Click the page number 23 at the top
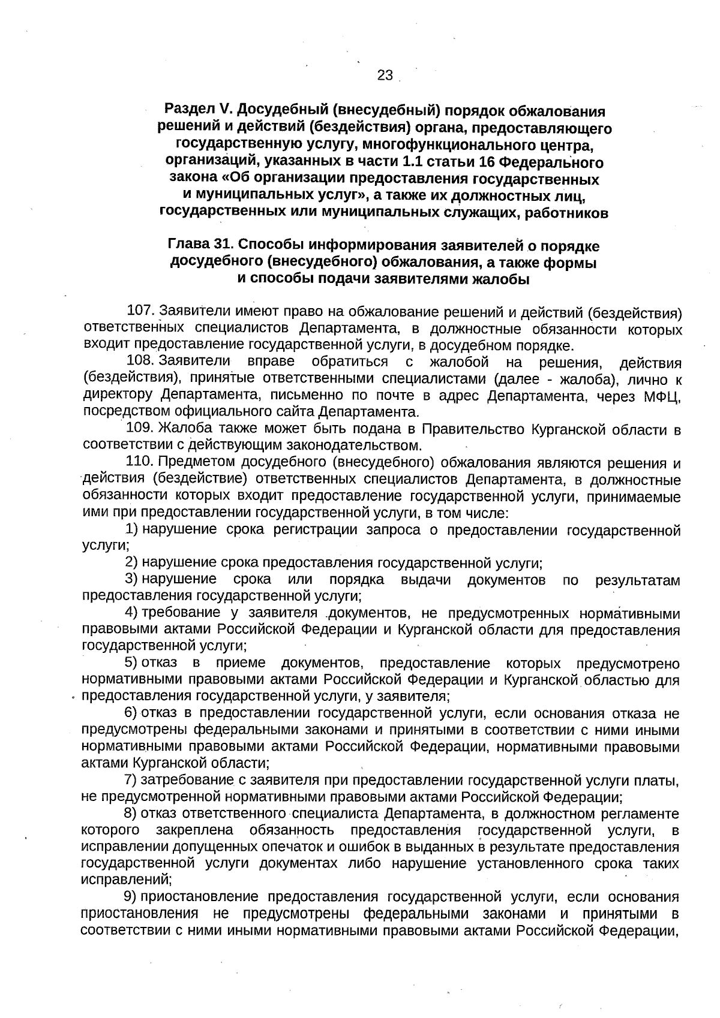385,75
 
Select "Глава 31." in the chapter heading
200,246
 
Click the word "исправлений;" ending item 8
126,880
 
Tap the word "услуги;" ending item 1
106,546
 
